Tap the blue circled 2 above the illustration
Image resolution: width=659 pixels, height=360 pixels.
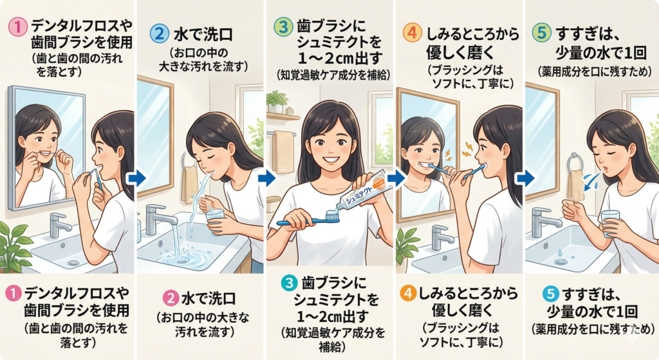(x=160, y=34)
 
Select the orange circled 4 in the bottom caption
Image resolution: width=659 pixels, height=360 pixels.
(x=407, y=293)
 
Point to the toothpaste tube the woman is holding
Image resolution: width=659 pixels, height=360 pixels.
(x=364, y=192)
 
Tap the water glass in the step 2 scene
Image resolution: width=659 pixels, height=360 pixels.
(x=214, y=220)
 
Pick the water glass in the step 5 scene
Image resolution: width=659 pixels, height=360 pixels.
(x=610, y=223)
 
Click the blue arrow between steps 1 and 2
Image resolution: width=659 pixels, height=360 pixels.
(x=136, y=178)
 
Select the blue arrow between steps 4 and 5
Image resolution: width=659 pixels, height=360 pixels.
(x=524, y=178)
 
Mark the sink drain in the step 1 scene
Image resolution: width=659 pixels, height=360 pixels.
(x=73, y=262)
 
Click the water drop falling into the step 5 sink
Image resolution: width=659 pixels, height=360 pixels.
(x=559, y=252)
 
